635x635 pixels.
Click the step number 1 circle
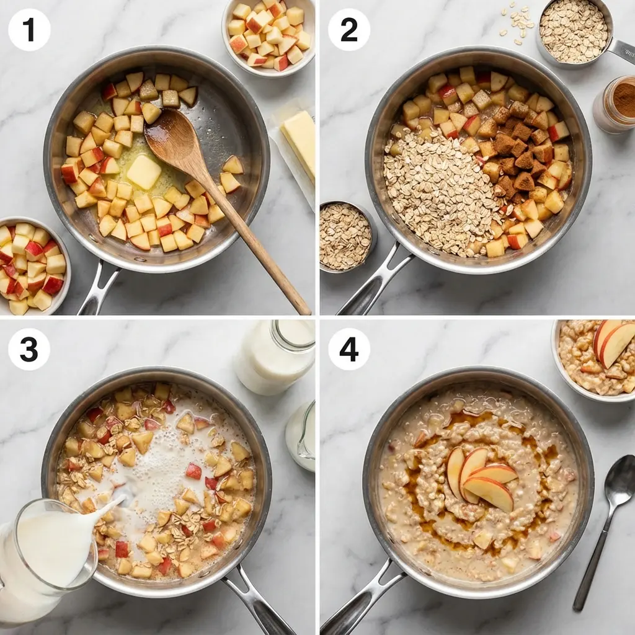click(x=29, y=29)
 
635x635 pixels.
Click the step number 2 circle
click(x=349, y=29)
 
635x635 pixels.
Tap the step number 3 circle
click(x=29, y=349)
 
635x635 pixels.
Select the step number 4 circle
click(x=349, y=349)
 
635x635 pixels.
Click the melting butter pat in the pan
click(x=144, y=171)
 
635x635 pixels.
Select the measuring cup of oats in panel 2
click(x=574, y=31)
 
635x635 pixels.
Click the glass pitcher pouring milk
click(x=47, y=558)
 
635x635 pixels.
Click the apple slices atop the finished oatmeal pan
click(x=481, y=477)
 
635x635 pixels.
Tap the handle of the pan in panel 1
click(x=99, y=288)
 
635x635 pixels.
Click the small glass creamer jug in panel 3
click(x=302, y=437)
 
